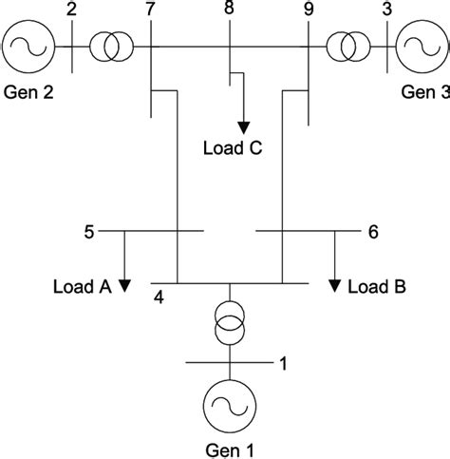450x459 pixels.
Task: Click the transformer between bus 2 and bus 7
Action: click(112, 46)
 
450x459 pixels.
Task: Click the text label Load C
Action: click(233, 148)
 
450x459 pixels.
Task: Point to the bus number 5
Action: click(89, 230)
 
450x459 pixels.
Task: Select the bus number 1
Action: click(281, 361)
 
